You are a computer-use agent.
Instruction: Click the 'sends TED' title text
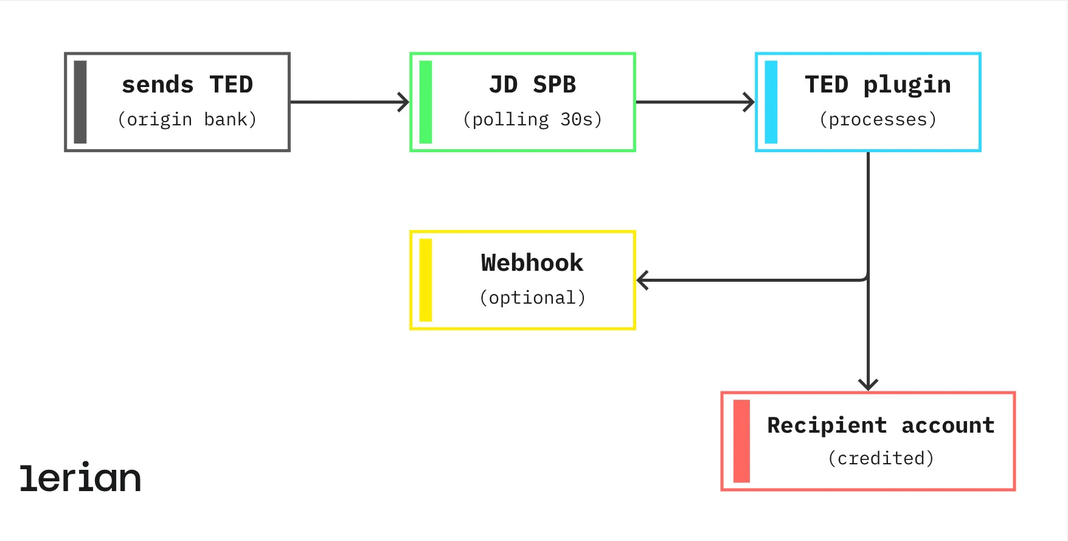tap(187, 85)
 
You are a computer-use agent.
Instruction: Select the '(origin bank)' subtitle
tap(187, 119)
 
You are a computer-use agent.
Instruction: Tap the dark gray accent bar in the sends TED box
tap(80, 102)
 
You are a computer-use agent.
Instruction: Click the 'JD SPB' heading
tap(532, 85)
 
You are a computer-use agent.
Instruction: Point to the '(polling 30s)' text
tap(532, 119)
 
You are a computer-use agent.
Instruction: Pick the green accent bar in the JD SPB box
tap(426, 102)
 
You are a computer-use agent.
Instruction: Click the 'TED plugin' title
tap(878, 85)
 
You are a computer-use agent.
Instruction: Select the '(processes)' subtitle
tap(878, 119)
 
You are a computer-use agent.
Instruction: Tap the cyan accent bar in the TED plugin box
tap(771, 102)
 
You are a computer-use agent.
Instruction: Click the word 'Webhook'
tap(532, 263)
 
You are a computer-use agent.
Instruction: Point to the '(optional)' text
tap(532, 298)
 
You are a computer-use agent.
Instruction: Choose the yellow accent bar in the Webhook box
tap(426, 280)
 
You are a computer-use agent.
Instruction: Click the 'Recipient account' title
tap(881, 425)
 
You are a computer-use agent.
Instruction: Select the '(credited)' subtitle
tap(881, 458)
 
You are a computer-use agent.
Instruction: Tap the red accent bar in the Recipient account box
tap(741, 441)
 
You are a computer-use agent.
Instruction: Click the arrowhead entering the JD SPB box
tap(404, 102)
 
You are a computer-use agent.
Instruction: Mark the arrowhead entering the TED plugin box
tap(749, 102)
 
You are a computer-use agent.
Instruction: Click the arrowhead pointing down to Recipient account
tap(868, 385)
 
